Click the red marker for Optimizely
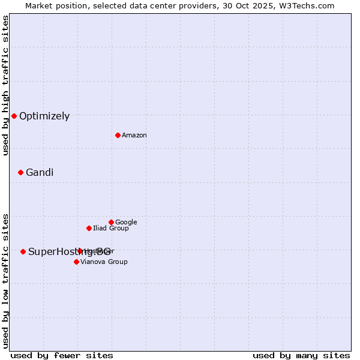pyautogui.click(x=14, y=116)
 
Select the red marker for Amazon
pyautogui.click(x=118, y=135)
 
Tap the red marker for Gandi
pyautogui.click(x=20, y=172)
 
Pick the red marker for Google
pyautogui.click(x=111, y=222)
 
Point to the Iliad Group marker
pyautogui.click(x=89, y=228)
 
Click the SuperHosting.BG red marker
pyautogui.click(x=23, y=251)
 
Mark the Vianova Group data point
pyautogui.click(x=76, y=262)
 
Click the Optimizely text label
pyautogui.click(x=44, y=116)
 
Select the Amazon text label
pyautogui.click(x=134, y=136)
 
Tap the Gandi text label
pyautogui.click(x=40, y=173)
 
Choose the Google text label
pyautogui.click(x=126, y=223)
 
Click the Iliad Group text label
pyautogui.click(x=111, y=229)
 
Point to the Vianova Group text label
pyautogui.click(x=104, y=262)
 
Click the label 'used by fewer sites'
pyautogui.click(x=62, y=355)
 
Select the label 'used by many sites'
pyautogui.click(x=301, y=355)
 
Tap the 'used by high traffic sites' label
pyautogui.click(x=5, y=85)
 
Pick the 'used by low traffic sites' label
pyautogui.click(x=5, y=280)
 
